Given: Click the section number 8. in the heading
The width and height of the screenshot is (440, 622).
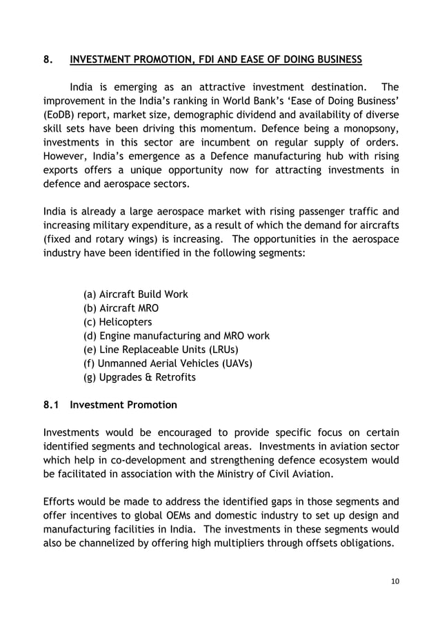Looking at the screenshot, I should click(48, 60).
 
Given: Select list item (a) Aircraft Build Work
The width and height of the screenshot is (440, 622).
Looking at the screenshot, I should click(135, 294).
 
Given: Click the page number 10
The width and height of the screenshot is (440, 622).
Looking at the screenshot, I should click(393, 580).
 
